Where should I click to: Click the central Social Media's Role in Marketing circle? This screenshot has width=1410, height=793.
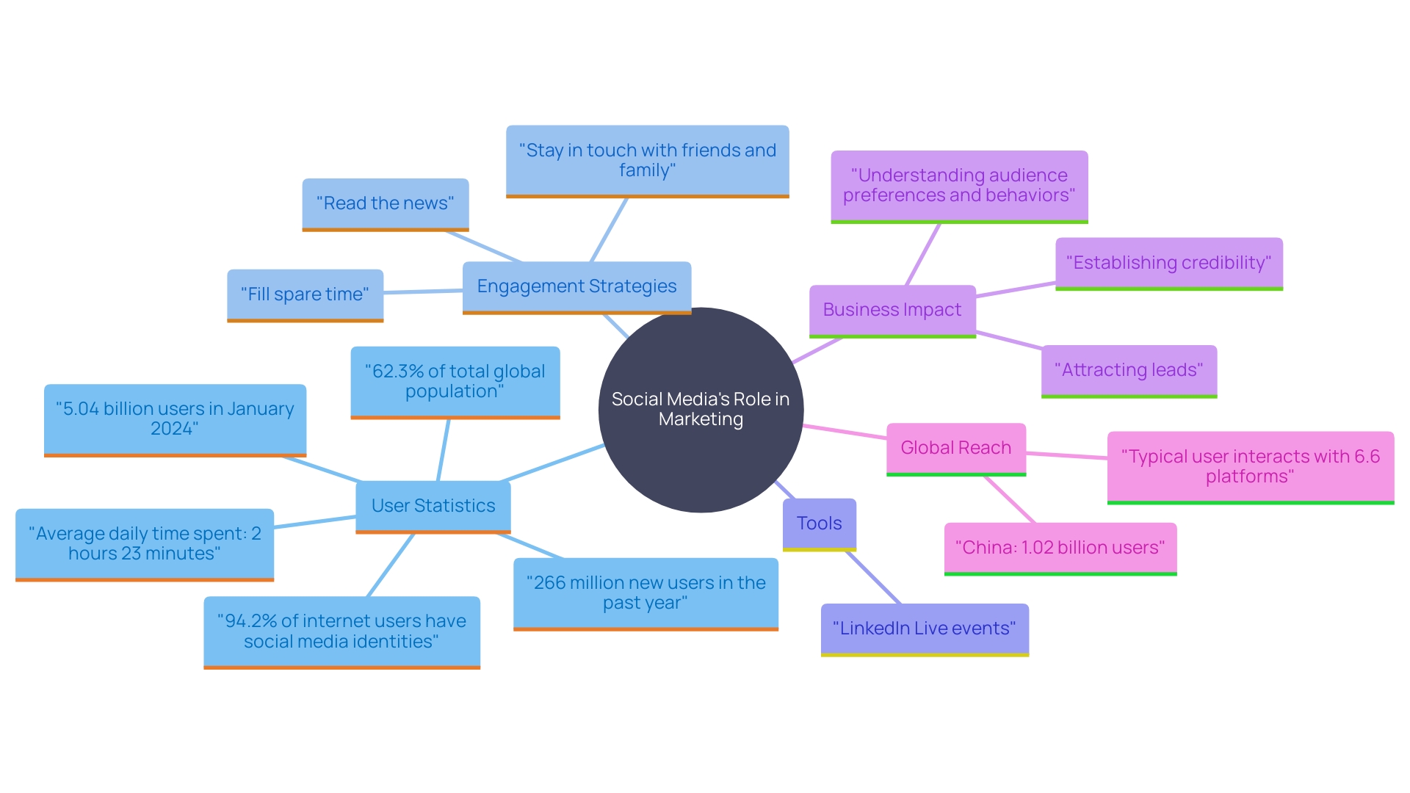pos(701,409)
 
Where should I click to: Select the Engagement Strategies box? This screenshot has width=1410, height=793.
pos(576,286)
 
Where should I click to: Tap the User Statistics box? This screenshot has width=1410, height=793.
pos(433,506)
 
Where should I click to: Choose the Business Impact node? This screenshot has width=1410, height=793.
pos(892,310)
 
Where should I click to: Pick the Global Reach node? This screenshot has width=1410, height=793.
pos(955,448)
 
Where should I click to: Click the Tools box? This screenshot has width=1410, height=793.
pos(819,524)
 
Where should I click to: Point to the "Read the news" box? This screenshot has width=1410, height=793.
pos(385,203)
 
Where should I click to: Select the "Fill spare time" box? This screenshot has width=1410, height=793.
pos(305,294)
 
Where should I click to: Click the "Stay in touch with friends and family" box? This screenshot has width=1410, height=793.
pos(647,160)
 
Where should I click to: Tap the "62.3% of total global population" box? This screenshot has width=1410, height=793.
pos(455,381)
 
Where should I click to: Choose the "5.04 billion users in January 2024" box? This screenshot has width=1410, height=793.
pos(175,419)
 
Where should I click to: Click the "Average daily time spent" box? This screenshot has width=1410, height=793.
pos(145,543)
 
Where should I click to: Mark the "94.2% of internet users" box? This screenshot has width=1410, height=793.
pos(341,631)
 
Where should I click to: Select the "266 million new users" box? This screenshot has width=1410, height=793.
pos(646,593)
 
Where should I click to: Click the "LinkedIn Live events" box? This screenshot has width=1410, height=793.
pos(924,629)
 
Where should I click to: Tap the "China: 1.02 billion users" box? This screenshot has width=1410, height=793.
pos(1060,548)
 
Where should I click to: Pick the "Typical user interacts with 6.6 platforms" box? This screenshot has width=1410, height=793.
pos(1250,466)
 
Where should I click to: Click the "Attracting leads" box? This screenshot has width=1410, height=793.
pos(1129,370)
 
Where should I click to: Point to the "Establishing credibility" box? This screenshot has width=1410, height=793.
pos(1168,263)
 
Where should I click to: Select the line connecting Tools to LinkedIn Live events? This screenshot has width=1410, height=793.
pos(874,578)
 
